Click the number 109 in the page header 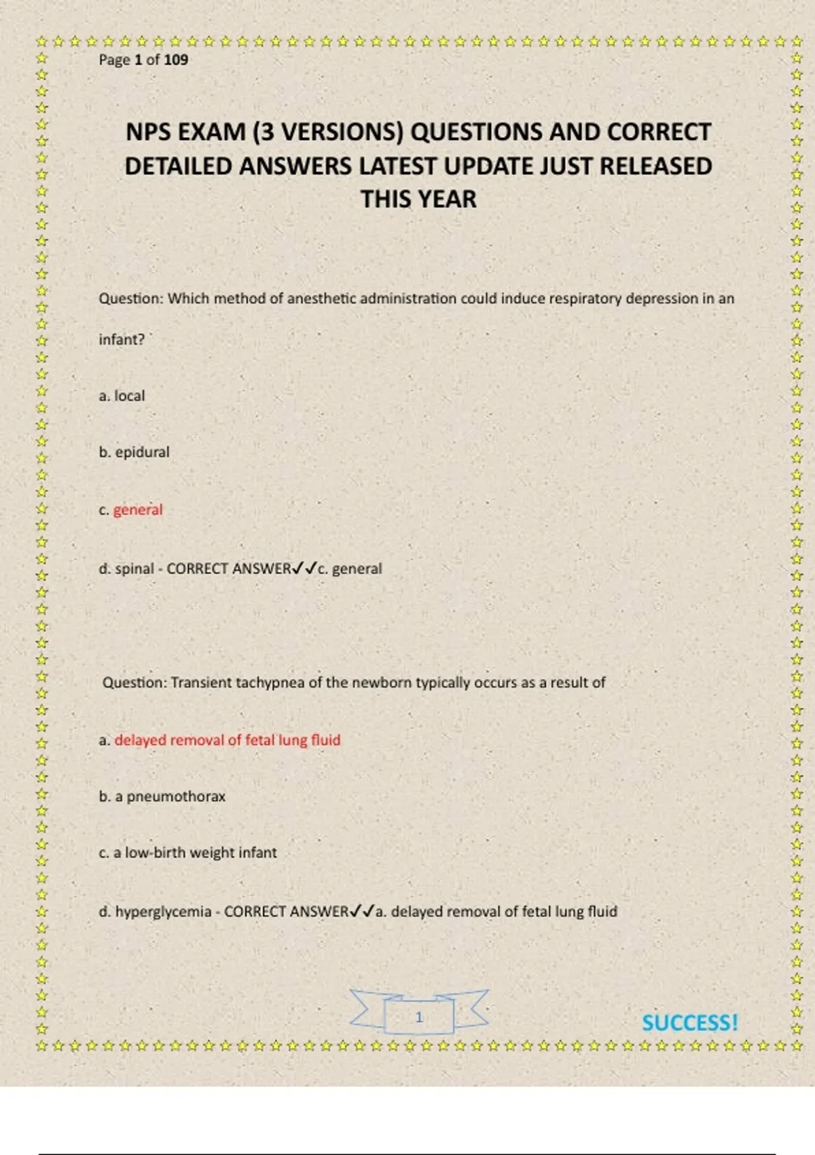[176, 60]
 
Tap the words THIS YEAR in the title [418, 200]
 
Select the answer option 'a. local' [122, 396]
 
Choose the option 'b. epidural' [134, 452]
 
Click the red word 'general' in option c [138, 510]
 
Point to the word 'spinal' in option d [134, 569]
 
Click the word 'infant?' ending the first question [122, 340]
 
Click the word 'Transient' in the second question [201, 683]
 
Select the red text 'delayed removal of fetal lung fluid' [227, 740]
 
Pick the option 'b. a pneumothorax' [162, 796]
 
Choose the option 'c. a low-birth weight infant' [187, 853]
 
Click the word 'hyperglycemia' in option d [163, 912]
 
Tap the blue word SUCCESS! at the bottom [689, 1023]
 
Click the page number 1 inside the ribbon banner [419, 1017]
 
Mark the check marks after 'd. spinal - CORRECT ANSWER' [304, 569]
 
